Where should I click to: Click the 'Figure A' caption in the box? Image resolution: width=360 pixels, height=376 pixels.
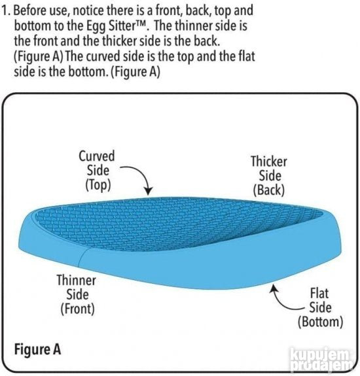pyautogui.click(x=37, y=349)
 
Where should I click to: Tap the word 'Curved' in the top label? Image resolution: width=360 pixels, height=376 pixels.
pyautogui.click(x=97, y=156)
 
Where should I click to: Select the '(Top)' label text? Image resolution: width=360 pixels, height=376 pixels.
pyautogui.click(x=98, y=185)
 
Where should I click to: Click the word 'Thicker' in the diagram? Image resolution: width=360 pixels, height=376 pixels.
pyautogui.click(x=269, y=162)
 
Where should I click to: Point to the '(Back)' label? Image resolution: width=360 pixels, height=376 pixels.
pyautogui.click(x=269, y=190)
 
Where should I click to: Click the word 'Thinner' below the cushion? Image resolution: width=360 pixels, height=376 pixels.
pyautogui.click(x=77, y=280)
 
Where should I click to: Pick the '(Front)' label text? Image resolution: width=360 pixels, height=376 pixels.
pyautogui.click(x=77, y=309)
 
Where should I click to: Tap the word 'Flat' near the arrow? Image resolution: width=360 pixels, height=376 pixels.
pyautogui.click(x=319, y=293)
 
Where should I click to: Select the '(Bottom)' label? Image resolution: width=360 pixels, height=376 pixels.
pyautogui.click(x=321, y=322)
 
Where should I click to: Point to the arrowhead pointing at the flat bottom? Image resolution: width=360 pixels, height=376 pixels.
pyautogui.click(x=273, y=288)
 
